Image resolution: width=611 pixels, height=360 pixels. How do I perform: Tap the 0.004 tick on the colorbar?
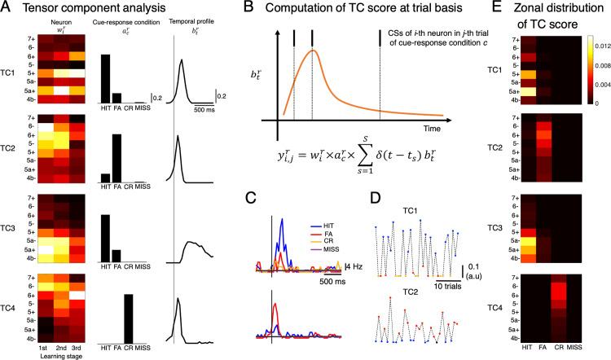pos(595,82)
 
